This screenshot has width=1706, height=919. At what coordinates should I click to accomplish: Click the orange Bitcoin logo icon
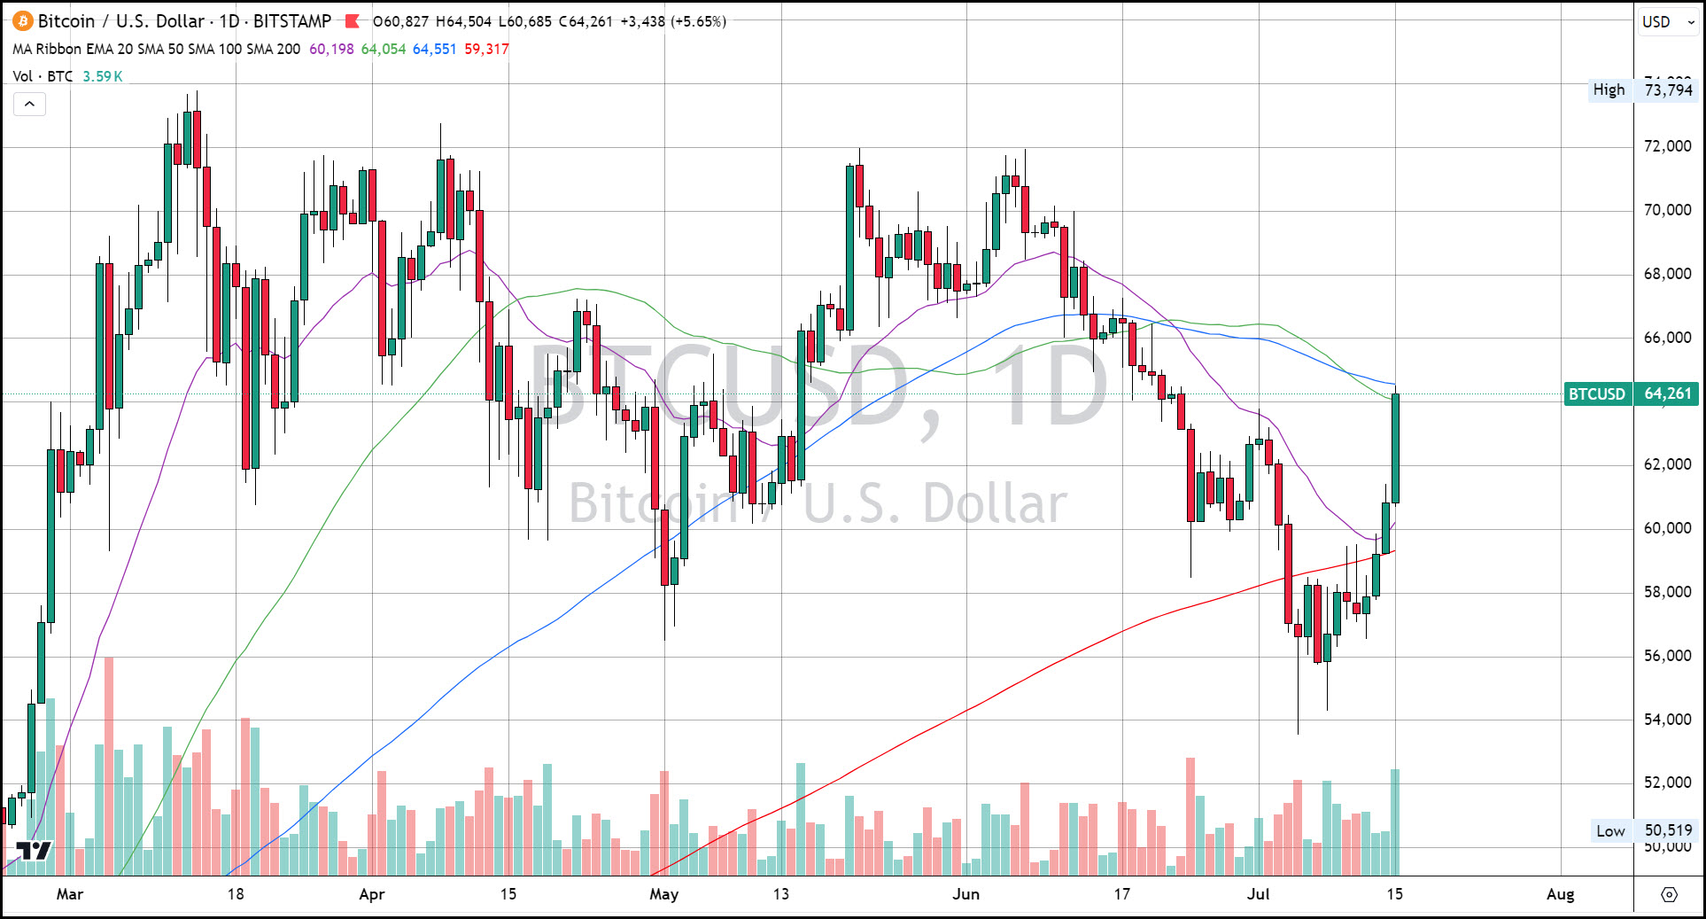click(23, 21)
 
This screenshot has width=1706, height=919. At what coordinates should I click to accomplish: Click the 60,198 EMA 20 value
click(331, 50)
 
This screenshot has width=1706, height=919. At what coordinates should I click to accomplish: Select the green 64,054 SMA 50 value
click(383, 50)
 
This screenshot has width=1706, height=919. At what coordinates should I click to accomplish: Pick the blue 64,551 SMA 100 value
click(434, 50)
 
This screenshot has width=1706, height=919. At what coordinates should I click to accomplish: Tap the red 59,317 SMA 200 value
click(486, 50)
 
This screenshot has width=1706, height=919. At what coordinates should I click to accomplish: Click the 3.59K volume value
click(102, 76)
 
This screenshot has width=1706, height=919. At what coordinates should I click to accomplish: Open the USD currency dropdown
click(1668, 22)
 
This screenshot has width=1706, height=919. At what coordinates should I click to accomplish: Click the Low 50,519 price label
click(1643, 830)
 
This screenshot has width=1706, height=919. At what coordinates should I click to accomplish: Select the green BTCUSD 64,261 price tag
click(1631, 393)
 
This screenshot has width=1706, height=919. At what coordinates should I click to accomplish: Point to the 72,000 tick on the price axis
click(1667, 146)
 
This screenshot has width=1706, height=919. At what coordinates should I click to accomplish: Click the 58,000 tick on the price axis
click(1667, 592)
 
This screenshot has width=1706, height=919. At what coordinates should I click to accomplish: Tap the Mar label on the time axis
click(70, 894)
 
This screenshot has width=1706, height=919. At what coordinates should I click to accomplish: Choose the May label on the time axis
click(663, 894)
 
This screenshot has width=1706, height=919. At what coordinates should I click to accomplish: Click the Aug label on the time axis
click(1560, 894)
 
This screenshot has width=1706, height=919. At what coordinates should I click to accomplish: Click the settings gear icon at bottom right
click(1669, 895)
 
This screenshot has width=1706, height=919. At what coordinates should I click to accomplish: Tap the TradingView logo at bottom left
click(35, 852)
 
